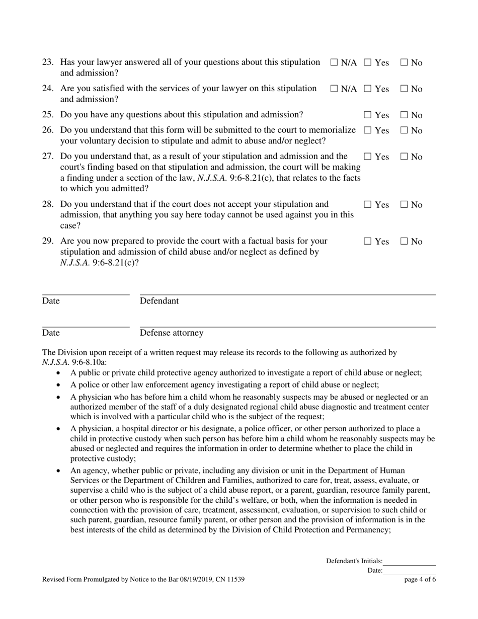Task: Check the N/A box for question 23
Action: pos(334,63)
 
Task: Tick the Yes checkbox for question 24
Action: pos(368,89)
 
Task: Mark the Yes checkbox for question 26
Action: pos(368,131)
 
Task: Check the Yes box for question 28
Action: pos(368,205)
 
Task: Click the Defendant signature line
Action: pos(287,294)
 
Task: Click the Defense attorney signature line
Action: pos(287,327)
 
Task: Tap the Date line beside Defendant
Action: pos(86,294)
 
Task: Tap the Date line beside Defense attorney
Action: pos(86,327)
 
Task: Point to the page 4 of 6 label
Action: pos(420,580)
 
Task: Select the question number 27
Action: pos(48,156)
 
